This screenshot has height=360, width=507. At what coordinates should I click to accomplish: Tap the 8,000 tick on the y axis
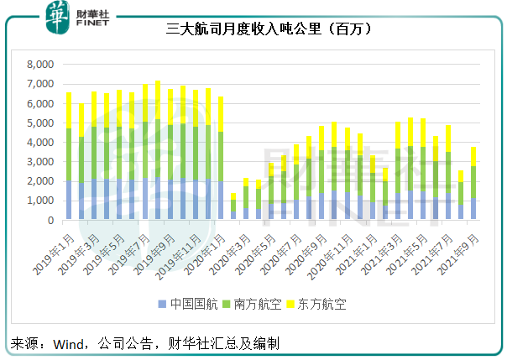pos(39,65)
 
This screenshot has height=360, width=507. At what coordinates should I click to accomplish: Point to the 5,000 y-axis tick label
pos(39,123)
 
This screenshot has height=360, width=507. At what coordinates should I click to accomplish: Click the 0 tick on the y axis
pos(50,220)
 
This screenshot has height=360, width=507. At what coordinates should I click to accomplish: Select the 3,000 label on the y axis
pos(39,162)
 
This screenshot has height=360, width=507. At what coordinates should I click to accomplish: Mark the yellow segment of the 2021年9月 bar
pos(473,156)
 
